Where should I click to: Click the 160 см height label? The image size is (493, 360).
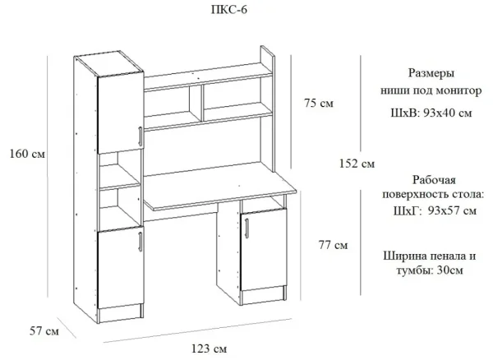click(x=26, y=154)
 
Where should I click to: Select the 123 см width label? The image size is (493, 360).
click(x=209, y=349)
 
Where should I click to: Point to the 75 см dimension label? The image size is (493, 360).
click(x=319, y=104)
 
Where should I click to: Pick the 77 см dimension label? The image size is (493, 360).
click(x=332, y=245)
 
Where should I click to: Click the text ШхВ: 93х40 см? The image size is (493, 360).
click(x=432, y=112)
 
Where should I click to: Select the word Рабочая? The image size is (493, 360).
click(x=431, y=179)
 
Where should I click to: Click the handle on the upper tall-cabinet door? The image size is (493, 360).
click(x=141, y=137)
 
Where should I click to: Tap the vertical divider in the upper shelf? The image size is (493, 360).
click(x=197, y=101)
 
